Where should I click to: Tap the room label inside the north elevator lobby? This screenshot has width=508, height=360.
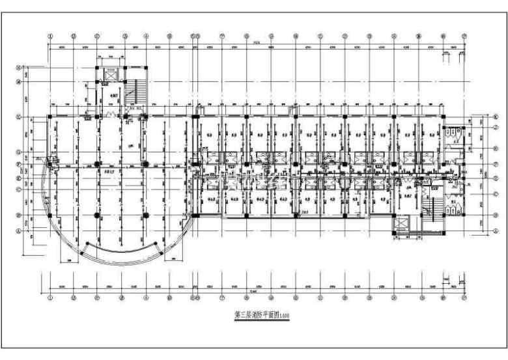[115, 96]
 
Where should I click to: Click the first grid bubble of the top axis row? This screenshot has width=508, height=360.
[50, 36]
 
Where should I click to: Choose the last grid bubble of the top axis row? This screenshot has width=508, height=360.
[464, 36]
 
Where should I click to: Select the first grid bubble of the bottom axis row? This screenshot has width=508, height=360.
[50, 298]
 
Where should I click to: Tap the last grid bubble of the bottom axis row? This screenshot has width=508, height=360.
[464, 298]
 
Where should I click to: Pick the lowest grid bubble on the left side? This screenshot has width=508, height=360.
[20, 228]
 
